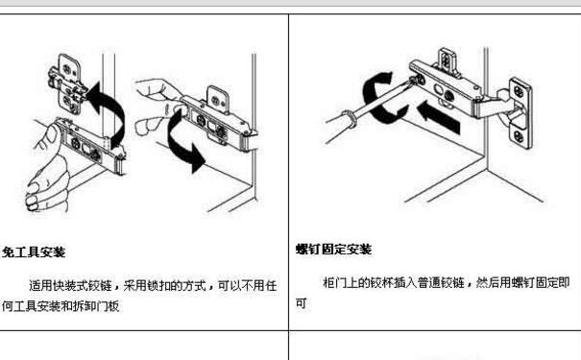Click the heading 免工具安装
click(x=34, y=252)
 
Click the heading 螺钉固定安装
click(x=334, y=250)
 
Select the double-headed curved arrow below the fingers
click(x=184, y=141)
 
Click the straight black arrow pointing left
click(x=438, y=117)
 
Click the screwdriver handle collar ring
click(x=349, y=118)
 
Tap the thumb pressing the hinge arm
click(x=50, y=138)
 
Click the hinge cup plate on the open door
click(x=520, y=113)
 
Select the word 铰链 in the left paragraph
click(x=100, y=285)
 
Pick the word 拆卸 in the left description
click(x=84, y=306)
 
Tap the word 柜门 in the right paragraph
click(x=335, y=283)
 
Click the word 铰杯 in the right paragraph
click(x=382, y=283)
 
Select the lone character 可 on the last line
click(x=301, y=303)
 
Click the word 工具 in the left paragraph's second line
click(x=24, y=306)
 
